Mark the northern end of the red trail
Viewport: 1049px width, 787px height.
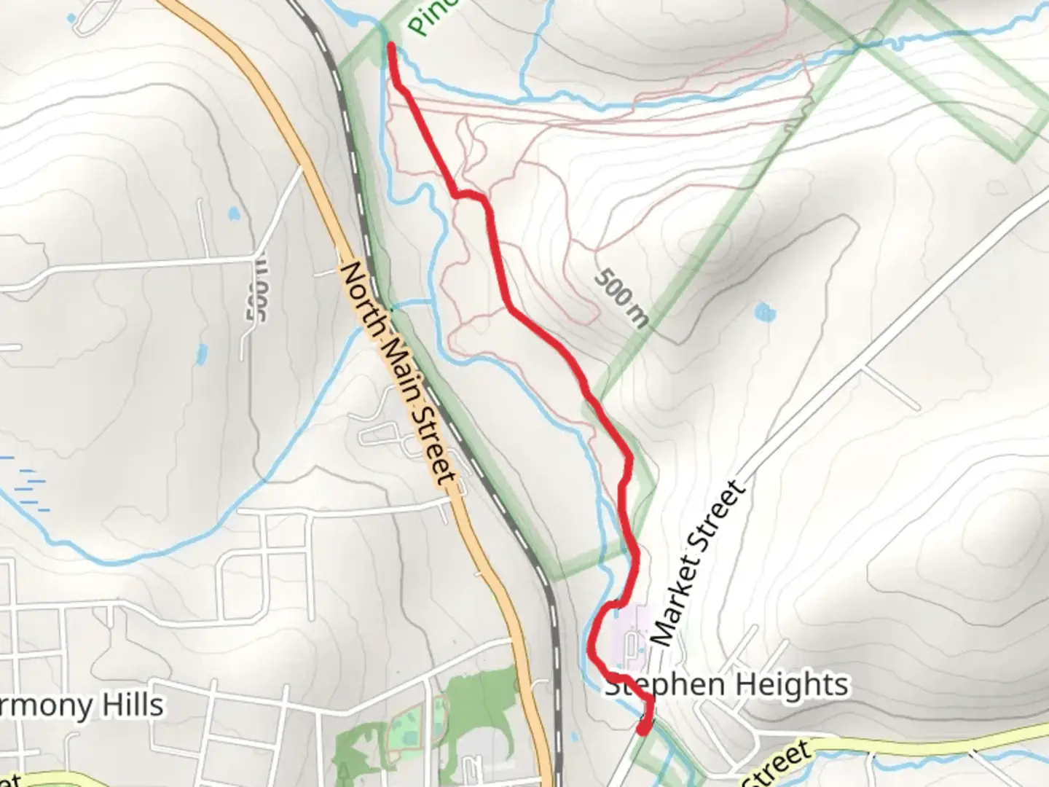point(391,47)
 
